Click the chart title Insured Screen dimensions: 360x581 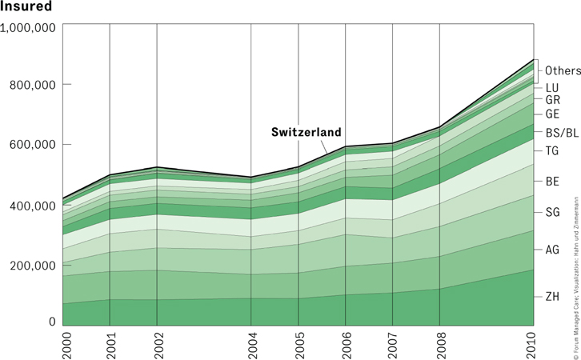[x=26, y=7]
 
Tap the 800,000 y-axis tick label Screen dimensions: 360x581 [x=32, y=85]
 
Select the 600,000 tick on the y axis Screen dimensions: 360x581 [x=32, y=145]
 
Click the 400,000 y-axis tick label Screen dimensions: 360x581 [x=32, y=206]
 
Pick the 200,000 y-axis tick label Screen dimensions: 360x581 [x=32, y=265]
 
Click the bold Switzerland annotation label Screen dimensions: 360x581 [x=306, y=132]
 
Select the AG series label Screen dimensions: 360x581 [x=552, y=250]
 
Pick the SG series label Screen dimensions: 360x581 [x=552, y=211]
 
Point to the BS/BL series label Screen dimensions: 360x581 [x=559, y=132]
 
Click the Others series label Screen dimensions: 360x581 [x=563, y=71]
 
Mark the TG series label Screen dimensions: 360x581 [x=552, y=150]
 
